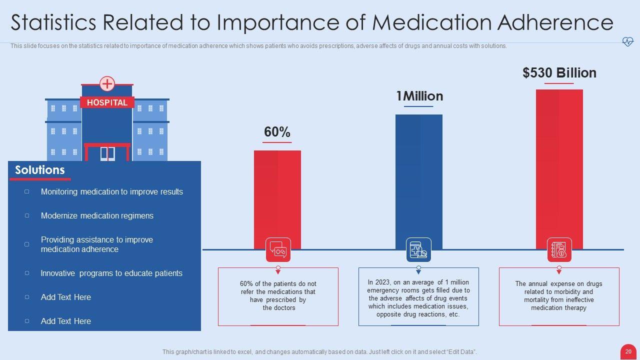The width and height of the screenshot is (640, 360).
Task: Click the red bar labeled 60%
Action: [277, 195]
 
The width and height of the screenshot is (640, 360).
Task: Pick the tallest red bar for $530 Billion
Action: [559, 165]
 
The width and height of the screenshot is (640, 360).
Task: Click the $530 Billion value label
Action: [559, 73]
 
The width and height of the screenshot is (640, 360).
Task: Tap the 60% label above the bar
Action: [277, 132]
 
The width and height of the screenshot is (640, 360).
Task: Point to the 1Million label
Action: [419, 96]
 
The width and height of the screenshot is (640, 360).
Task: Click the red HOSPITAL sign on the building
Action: [107, 102]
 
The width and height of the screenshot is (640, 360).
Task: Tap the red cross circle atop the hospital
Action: [107, 83]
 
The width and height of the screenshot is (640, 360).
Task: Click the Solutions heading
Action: [40, 170]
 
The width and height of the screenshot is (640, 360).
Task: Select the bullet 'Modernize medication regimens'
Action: [97, 216]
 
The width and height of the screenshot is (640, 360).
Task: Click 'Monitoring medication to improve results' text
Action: [112, 192]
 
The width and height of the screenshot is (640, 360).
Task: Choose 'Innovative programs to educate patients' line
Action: [111, 273]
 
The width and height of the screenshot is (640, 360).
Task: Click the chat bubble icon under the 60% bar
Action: [278, 249]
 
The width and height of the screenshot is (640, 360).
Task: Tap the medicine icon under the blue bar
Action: [418, 249]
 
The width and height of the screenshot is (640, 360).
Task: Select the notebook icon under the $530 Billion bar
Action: [559, 249]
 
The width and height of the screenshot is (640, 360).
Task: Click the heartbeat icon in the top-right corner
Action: [627, 42]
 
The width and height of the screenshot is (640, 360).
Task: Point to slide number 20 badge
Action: [628, 351]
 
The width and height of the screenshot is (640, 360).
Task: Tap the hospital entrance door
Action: [107, 153]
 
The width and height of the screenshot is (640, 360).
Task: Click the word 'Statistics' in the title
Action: [53, 23]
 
